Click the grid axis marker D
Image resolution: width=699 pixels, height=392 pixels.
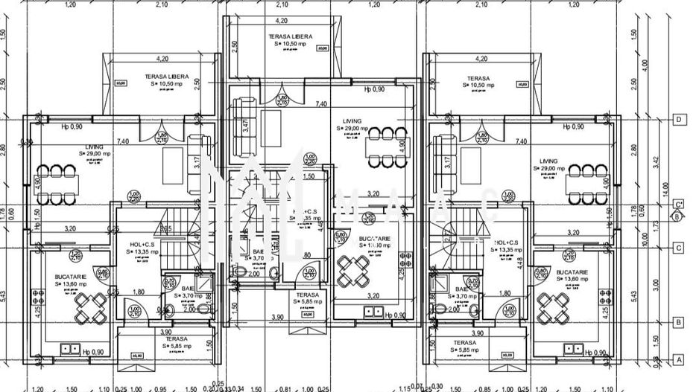click(678, 119)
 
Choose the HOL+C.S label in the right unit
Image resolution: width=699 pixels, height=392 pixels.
click(507, 242)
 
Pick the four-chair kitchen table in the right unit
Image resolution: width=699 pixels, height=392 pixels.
click(553, 305)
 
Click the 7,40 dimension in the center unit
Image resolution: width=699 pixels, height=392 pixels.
click(321, 104)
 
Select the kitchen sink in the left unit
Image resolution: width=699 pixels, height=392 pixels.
click(71, 347)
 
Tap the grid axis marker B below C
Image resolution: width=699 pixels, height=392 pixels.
click(678, 322)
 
